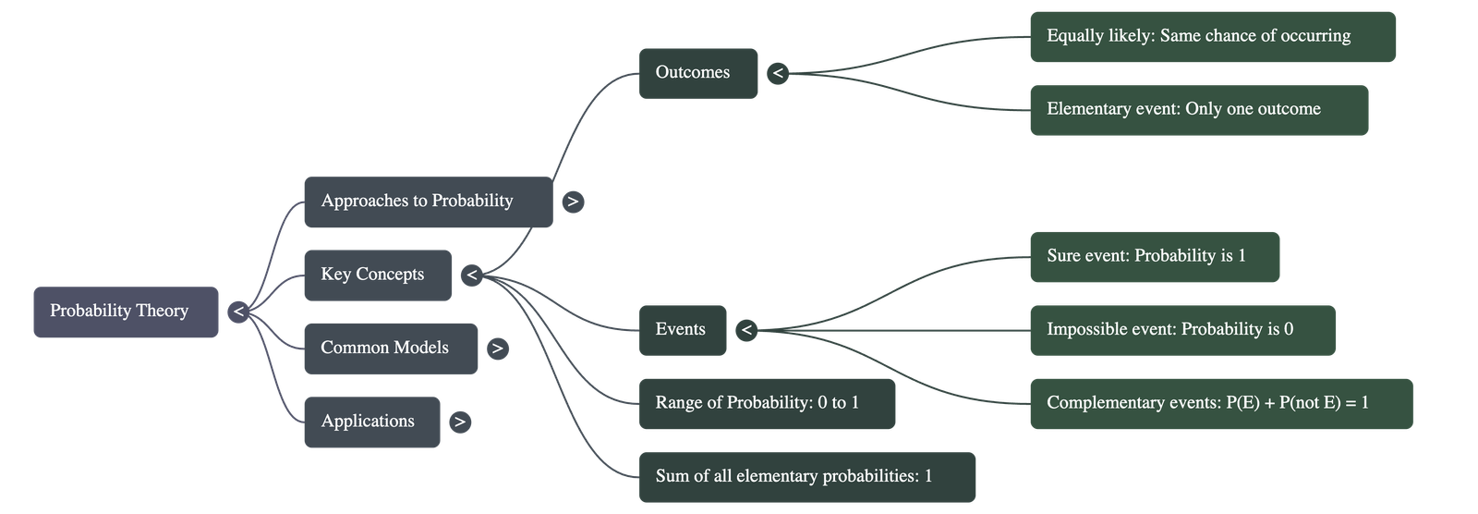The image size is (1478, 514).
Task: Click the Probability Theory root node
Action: pos(126,312)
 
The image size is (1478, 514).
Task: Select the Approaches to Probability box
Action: pos(428,202)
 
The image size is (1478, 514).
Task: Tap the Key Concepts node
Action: pos(377,275)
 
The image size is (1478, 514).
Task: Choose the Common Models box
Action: pos(390,349)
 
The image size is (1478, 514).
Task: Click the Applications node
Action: pos(371,422)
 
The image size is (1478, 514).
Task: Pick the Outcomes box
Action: pos(697,73)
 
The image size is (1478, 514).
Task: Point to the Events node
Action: pos(682,330)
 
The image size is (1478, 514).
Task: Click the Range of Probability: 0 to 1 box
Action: pos(766,403)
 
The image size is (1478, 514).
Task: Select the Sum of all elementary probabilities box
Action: pos(806,477)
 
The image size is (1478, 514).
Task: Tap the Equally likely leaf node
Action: pos(1212,36)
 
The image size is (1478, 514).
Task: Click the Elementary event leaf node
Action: pos(1198,110)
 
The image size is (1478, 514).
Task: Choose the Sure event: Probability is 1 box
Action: pos(1154,256)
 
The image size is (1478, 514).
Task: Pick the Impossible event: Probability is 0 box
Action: pos(1181,330)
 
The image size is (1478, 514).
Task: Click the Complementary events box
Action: pos(1220,403)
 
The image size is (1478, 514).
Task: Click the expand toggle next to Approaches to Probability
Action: pos(573,202)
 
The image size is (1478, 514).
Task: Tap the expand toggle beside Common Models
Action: pos(498,349)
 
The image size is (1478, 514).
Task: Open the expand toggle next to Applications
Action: pos(459,422)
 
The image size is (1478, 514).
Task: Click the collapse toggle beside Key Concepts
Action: pos(471,275)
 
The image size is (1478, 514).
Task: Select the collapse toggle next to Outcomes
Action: pos(778,73)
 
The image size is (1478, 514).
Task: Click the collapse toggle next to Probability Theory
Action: pos(238,312)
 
